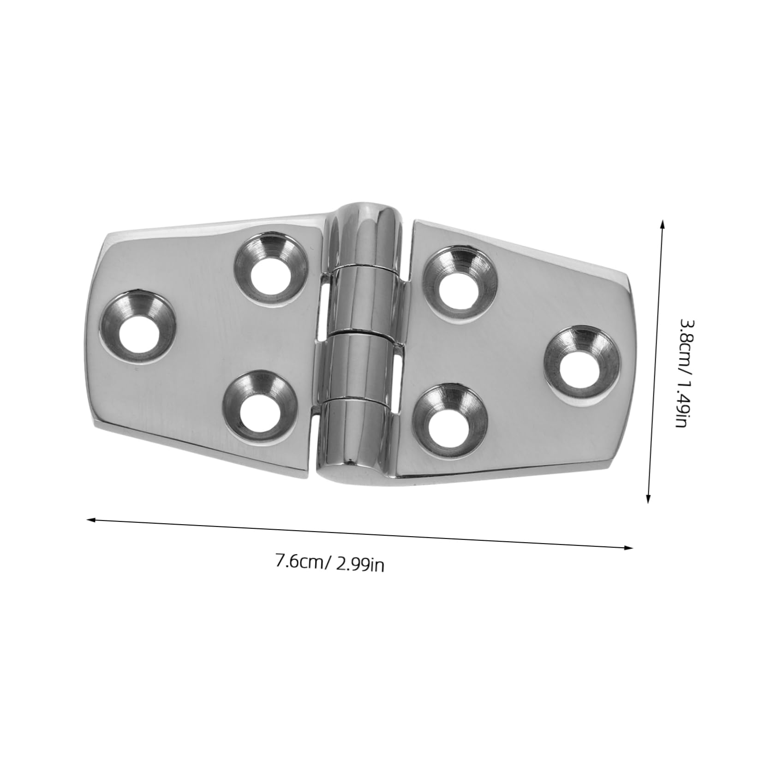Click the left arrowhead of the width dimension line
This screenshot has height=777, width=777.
point(90,520)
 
